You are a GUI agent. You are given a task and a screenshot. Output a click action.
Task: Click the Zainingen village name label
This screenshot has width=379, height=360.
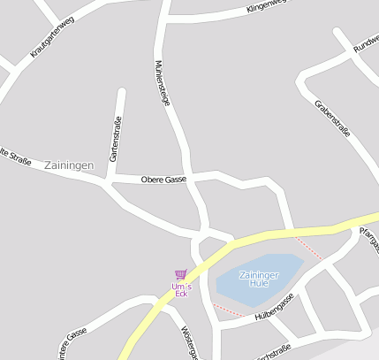pyautogui.click(x=68, y=165)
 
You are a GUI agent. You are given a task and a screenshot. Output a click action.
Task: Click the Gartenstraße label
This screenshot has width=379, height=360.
pyautogui.click(x=114, y=140)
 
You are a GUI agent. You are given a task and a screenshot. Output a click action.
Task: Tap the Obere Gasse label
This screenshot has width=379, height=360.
pyautogui.click(x=163, y=180)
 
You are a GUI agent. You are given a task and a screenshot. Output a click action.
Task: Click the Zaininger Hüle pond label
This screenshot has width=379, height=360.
pyautogui.click(x=259, y=280)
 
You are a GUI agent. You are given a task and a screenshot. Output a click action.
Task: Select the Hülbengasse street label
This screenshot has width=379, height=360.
pyautogui.click(x=272, y=310)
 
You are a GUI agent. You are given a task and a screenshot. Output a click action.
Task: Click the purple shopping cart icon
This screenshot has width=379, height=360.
pyautogui.click(x=180, y=274)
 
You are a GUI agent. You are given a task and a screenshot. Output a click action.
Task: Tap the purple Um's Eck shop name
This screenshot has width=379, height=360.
pyautogui.click(x=180, y=289)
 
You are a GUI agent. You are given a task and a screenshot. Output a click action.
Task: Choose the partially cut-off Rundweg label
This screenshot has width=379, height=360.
pyautogui.click(x=365, y=44)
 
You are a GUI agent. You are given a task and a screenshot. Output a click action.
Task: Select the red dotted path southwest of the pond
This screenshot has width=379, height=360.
pyautogui.click(x=229, y=310)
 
